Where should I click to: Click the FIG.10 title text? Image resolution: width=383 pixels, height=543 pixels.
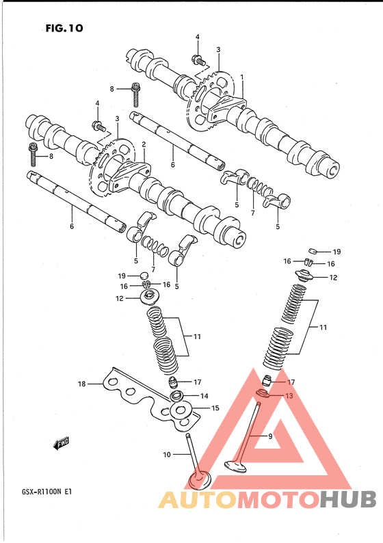tap(64, 28)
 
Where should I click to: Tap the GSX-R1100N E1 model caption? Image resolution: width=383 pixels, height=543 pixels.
tap(44, 492)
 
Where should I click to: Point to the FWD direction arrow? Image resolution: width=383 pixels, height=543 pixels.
tap(61, 444)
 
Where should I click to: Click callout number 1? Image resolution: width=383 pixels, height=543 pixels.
tap(241, 77)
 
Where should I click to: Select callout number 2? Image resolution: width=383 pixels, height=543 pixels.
tap(144, 144)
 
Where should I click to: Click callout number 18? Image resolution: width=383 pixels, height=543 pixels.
tap(81, 384)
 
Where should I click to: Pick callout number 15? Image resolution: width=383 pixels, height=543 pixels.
tap(215, 408)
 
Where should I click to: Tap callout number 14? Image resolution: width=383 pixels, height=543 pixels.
tap(204, 396)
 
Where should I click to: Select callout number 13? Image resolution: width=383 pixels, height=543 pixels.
tap(289, 395)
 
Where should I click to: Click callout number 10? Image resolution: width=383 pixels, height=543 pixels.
tap(167, 454)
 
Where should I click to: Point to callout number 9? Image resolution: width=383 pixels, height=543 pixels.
tap(270, 436)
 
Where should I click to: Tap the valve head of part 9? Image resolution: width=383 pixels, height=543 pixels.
tap(235, 465)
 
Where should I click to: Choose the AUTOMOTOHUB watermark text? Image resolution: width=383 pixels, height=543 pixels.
tap(267, 500)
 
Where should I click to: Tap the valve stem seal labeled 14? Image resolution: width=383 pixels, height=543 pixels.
tap(176, 395)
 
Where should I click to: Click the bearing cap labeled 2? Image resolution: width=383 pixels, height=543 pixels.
tap(129, 175)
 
